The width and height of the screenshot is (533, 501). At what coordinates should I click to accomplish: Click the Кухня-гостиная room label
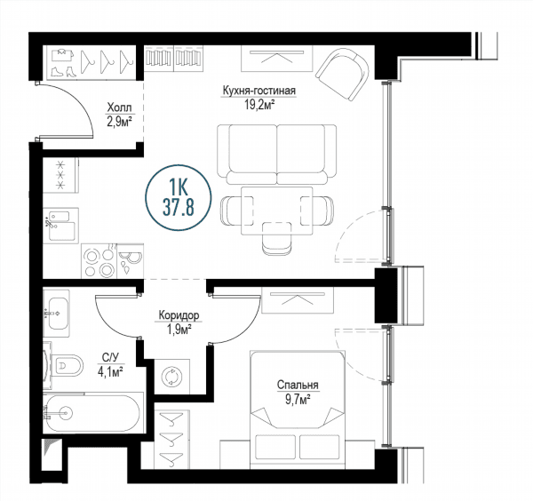[x=259, y=91]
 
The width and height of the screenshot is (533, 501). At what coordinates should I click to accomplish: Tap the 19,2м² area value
[x=259, y=105]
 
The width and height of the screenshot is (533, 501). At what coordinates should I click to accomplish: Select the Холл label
[x=119, y=107]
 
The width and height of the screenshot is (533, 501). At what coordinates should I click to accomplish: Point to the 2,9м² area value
[x=120, y=122]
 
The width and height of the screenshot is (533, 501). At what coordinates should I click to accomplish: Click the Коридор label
[x=179, y=315]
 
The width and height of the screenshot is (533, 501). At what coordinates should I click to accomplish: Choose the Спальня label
[x=298, y=385]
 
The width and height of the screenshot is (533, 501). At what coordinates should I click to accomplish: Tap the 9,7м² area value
[x=298, y=399]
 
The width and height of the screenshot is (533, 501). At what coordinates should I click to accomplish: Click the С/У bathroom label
[x=110, y=357]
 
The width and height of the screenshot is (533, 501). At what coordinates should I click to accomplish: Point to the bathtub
[x=91, y=413]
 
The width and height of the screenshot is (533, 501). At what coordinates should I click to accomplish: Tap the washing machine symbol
[x=172, y=378]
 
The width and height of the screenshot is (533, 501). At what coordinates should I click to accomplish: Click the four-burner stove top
[x=99, y=261]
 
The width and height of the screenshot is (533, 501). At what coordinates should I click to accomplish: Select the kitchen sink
[x=61, y=225]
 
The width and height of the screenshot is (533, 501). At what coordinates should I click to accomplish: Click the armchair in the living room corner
[x=343, y=74]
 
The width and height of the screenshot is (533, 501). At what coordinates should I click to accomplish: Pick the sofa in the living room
[x=277, y=155]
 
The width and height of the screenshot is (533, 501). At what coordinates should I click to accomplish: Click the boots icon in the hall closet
[x=64, y=72]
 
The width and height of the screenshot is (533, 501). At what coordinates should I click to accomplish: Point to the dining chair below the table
[x=277, y=238]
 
